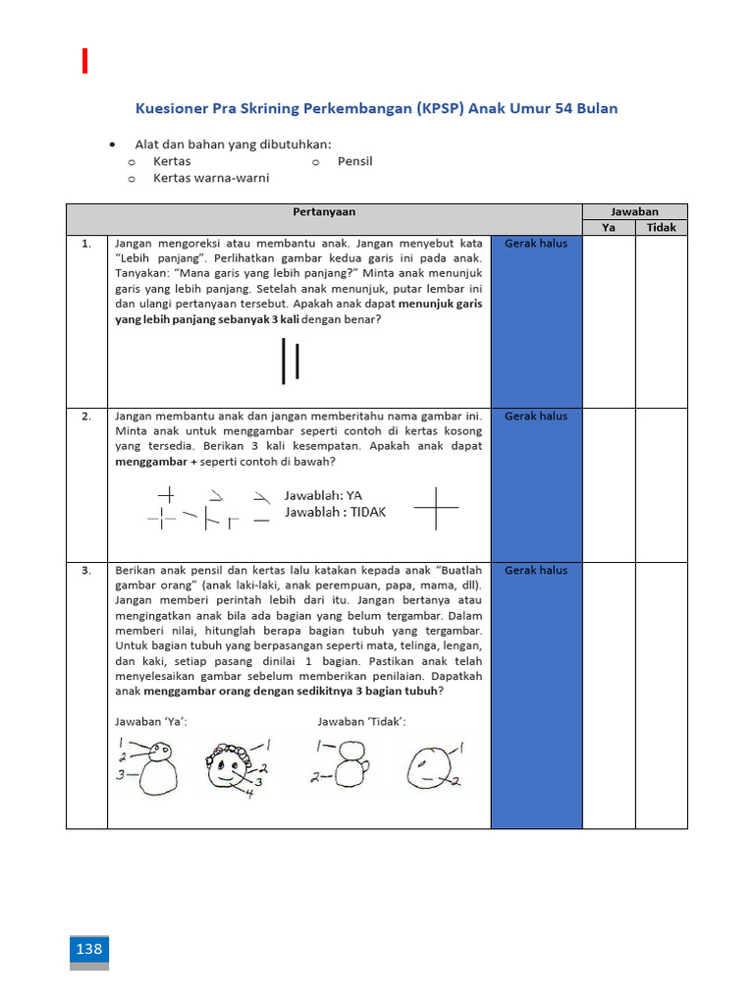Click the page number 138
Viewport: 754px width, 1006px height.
point(88,949)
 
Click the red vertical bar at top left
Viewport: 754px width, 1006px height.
point(85,60)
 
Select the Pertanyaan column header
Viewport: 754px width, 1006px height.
point(324,211)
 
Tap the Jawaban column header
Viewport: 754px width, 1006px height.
point(634,211)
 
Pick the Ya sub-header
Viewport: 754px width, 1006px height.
point(608,228)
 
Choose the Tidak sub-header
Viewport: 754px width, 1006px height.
point(661,228)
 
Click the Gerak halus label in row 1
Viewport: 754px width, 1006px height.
point(536,244)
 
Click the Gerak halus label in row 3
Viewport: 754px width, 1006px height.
point(536,570)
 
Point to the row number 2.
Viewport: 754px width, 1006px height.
point(86,417)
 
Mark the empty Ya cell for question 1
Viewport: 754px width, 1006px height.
point(608,320)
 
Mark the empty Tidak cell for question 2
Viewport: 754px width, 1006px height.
point(661,483)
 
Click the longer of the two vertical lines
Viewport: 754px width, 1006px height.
point(284,362)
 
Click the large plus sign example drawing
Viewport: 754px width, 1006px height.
point(436,508)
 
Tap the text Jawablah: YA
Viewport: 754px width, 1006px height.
point(323,495)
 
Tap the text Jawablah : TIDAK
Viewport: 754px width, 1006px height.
point(335,512)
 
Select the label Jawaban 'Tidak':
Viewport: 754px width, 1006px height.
point(361,722)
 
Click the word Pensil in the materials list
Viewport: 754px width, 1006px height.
point(354,161)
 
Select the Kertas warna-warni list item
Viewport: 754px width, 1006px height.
point(210,178)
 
